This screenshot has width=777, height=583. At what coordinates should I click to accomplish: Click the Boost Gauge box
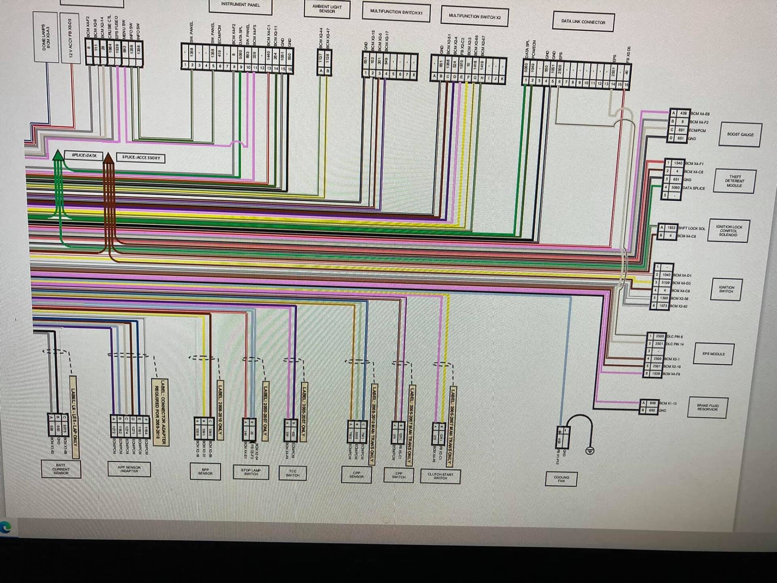point(740,134)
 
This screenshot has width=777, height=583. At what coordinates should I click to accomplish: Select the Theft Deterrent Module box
point(734,181)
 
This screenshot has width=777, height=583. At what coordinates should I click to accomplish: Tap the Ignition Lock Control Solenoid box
point(728,231)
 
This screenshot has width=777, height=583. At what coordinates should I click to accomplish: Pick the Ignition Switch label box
point(726,289)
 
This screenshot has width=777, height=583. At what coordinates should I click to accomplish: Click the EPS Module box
point(713,354)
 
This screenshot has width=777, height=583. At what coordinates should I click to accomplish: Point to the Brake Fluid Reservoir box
point(707,407)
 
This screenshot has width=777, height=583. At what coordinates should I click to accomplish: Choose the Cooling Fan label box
point(561,479)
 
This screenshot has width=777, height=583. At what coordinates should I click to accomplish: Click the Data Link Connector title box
point(583,22)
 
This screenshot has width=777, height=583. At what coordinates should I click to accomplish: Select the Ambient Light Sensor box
point(327,9)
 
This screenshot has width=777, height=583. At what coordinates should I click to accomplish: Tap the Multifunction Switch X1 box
point(396,12)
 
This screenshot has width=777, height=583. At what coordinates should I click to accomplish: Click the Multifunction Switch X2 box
point(474,17)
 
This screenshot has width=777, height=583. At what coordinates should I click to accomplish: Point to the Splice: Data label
point(84,155)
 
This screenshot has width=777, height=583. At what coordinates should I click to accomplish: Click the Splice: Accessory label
point(141,157)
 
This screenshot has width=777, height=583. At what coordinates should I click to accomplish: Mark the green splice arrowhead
point(58,155)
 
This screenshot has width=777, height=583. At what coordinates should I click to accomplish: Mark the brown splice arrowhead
point(108,158)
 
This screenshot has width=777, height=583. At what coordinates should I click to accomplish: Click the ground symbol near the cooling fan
point(590,450)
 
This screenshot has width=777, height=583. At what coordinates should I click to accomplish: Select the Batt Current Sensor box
point(61,469)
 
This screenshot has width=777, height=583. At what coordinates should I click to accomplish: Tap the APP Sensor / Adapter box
point(129,469)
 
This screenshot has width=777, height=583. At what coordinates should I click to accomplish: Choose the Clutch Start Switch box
point(440,476)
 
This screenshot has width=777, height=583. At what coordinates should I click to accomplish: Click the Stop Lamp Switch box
point(251,472)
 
